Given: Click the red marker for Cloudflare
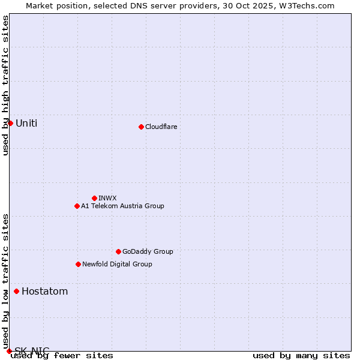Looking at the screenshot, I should pyautogui.click(x=141, y=127).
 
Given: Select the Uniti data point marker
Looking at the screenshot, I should pyautogui.click(x=10, y=123).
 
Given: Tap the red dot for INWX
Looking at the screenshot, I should pyautogui.click(x=94, y=198).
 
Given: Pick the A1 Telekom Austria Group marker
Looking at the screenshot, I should pyautogui.click(x=77, y=206).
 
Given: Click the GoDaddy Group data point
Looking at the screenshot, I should pyautogui.click(x=118, y=251).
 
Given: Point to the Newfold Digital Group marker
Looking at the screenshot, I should pyautogui.click(x=78, y=264).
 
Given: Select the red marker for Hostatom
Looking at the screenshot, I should pyautogui.click(x=16, y=292).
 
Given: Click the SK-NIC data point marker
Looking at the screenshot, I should pyautogui.click(x=9, y=351).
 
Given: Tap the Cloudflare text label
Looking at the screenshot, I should pyautogui.click(x=161, y=127).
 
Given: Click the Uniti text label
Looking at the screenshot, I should pyautogui.click(x=26, y=124).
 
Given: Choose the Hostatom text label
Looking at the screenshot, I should pyautogui.click(x=44, y=292).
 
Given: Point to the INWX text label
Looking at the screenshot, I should pyautogui.click(x=107, y=198).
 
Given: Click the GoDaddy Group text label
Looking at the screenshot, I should pyautogui.click(x=148, y=251).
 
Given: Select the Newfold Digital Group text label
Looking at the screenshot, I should pyautogui.click(x=117, y=264).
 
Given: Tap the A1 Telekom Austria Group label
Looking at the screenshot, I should pyautogui.click(x=122, y=206).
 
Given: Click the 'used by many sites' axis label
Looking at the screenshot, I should pyautogui.click(x=301, y=355).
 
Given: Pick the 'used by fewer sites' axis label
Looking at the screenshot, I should pyautogui.click(x=62, y=355).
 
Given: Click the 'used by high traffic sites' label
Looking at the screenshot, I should pyautogui.click(x=6, y=85).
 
